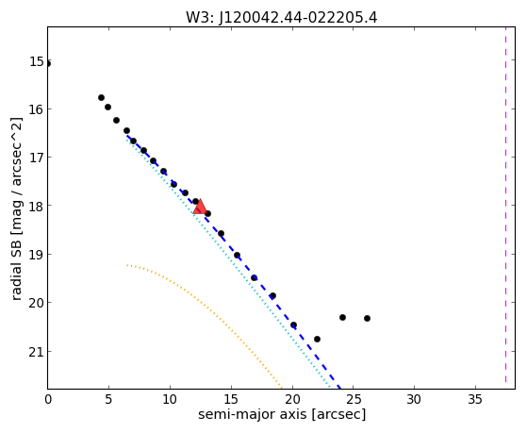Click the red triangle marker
200,207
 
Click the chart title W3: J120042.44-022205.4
281,18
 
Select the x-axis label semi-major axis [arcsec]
282,414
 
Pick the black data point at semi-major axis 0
48,64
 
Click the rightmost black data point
367,318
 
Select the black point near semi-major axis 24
342,317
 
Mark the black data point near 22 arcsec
317,339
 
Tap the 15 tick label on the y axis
37,61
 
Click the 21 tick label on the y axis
37,352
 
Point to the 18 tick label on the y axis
37,206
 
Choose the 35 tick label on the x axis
475,399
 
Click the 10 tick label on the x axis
170,399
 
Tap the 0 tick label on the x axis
48,399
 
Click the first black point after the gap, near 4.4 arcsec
101,97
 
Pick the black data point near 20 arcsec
293,325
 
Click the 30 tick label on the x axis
414,399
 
